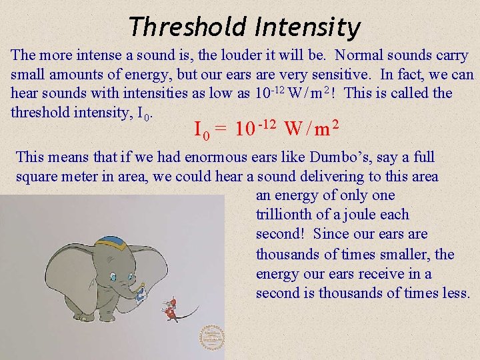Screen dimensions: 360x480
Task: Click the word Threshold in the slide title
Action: tap(187, 27)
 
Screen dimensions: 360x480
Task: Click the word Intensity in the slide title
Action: tap(307, 27)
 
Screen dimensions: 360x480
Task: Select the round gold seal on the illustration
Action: tap(212, 337)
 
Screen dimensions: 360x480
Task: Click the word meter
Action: tap(87, 176)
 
